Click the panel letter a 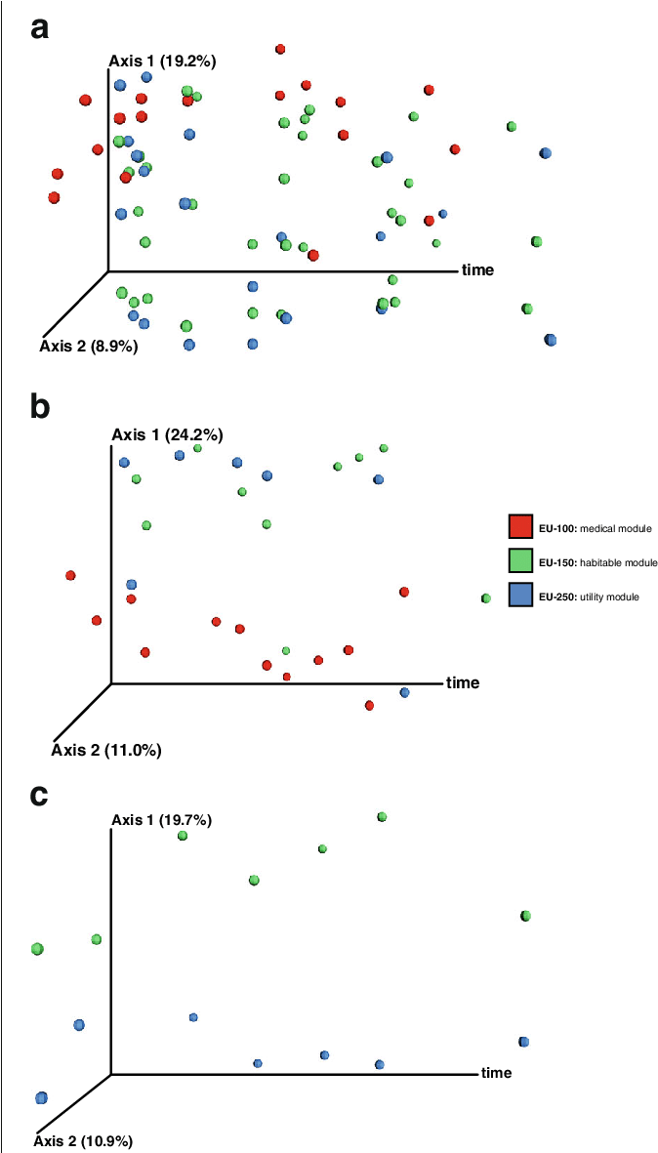click(x=39, y=28)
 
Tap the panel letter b click(x=40, y=406)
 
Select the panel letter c click(x=39, y=795)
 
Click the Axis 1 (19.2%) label click(x=162, y=62)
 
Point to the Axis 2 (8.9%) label click(x=89, y=346)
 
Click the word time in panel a click(x=477, y=269)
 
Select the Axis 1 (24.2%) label click(x=167, y=434)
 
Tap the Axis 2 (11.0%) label click(x=106, y=750)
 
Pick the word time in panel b click(x=463, y=682)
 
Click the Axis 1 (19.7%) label click(x=162, y=820)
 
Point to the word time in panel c click(x=496, y=1073)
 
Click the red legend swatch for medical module click(x=520, y=526)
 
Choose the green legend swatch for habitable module click(x=520, y=560)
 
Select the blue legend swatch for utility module click(x=520, y=594)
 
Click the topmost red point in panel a click(x=280, y=49)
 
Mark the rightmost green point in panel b click(x=485, y=598)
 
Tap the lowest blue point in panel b click(x=404, y=692)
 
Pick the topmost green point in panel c click(x=382, y=816)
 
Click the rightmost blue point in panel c click(x=523, y=1042)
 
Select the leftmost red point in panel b click(x=70, y=576)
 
